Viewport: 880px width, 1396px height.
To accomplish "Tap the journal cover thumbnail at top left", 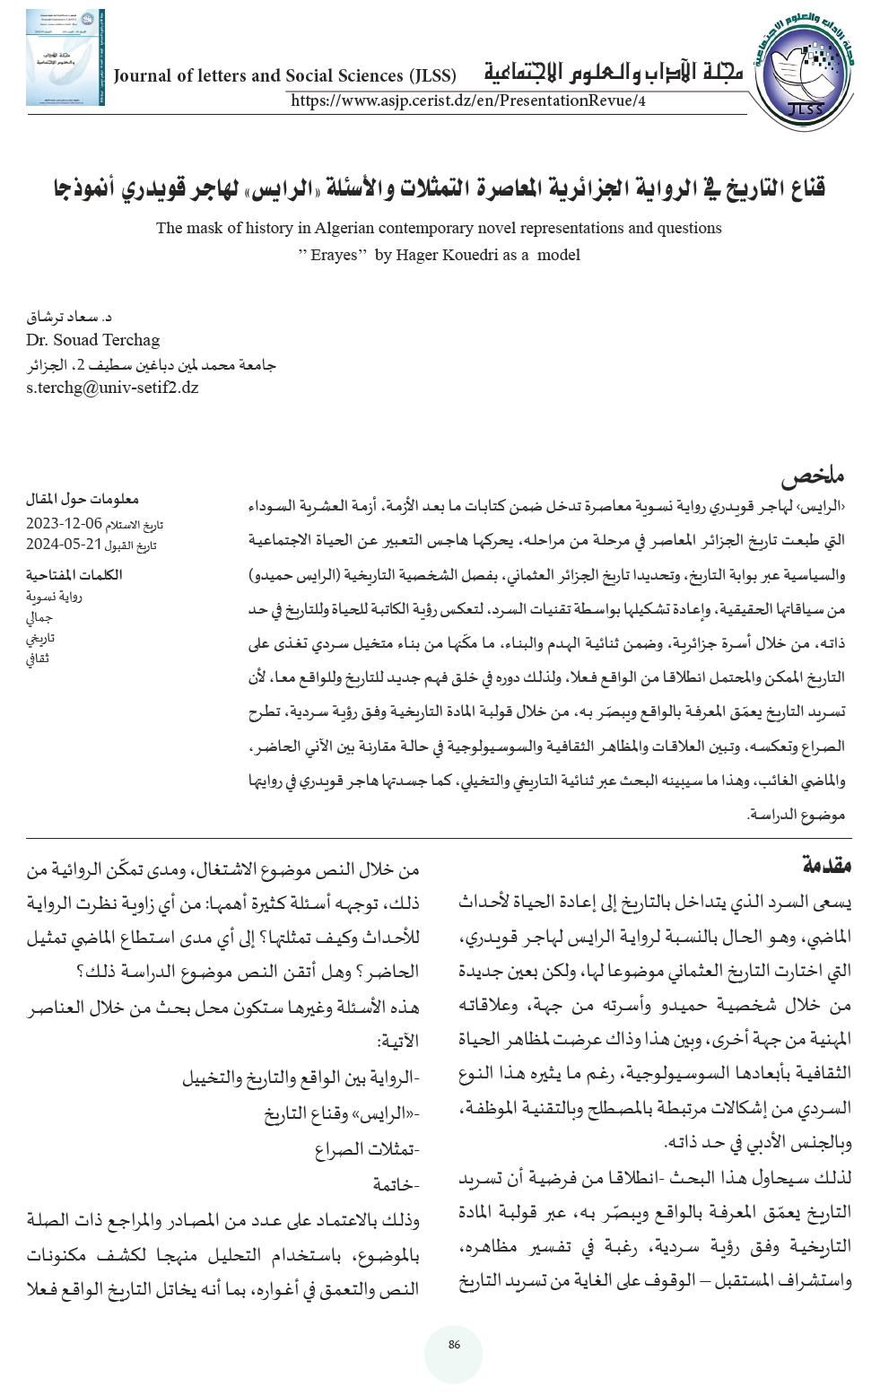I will point(65,58).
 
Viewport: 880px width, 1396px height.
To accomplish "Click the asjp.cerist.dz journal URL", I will point(467,100).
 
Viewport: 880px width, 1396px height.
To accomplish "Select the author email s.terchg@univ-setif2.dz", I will point(112,388).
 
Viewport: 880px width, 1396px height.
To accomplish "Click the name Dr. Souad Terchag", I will point(93,340).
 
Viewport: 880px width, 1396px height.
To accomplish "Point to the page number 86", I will point(454,1344).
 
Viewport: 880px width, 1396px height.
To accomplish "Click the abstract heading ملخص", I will point(812,476).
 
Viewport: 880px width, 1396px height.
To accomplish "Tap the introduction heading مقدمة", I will point(826,865).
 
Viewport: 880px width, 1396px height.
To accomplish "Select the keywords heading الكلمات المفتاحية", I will point(74,574).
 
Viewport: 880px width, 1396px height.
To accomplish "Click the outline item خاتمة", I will point(396,1184).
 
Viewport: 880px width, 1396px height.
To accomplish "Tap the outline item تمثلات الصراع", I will point(367,1149).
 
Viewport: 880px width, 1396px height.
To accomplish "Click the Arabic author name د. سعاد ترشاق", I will point(69,317).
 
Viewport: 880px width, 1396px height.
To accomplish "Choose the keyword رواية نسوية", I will point(54,597).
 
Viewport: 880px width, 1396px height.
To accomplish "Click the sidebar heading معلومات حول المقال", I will point(83,499).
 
